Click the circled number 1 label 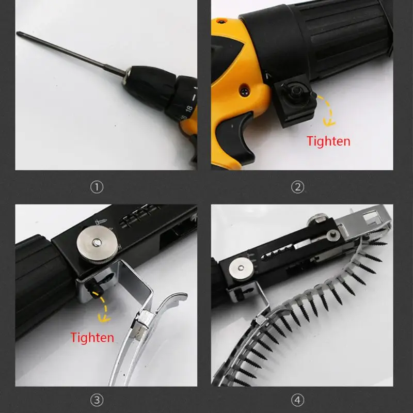coord(97,187)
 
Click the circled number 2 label coord(298,187)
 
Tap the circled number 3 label coord(97,400)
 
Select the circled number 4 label coord(298,400)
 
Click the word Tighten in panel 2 coord(328,141)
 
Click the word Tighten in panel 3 coord(92,338)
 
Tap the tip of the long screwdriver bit coord(18,33)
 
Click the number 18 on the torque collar coord(189,108)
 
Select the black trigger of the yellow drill coord(235,136)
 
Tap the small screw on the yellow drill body coord(244,91)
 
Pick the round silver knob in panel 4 coord(241,269)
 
